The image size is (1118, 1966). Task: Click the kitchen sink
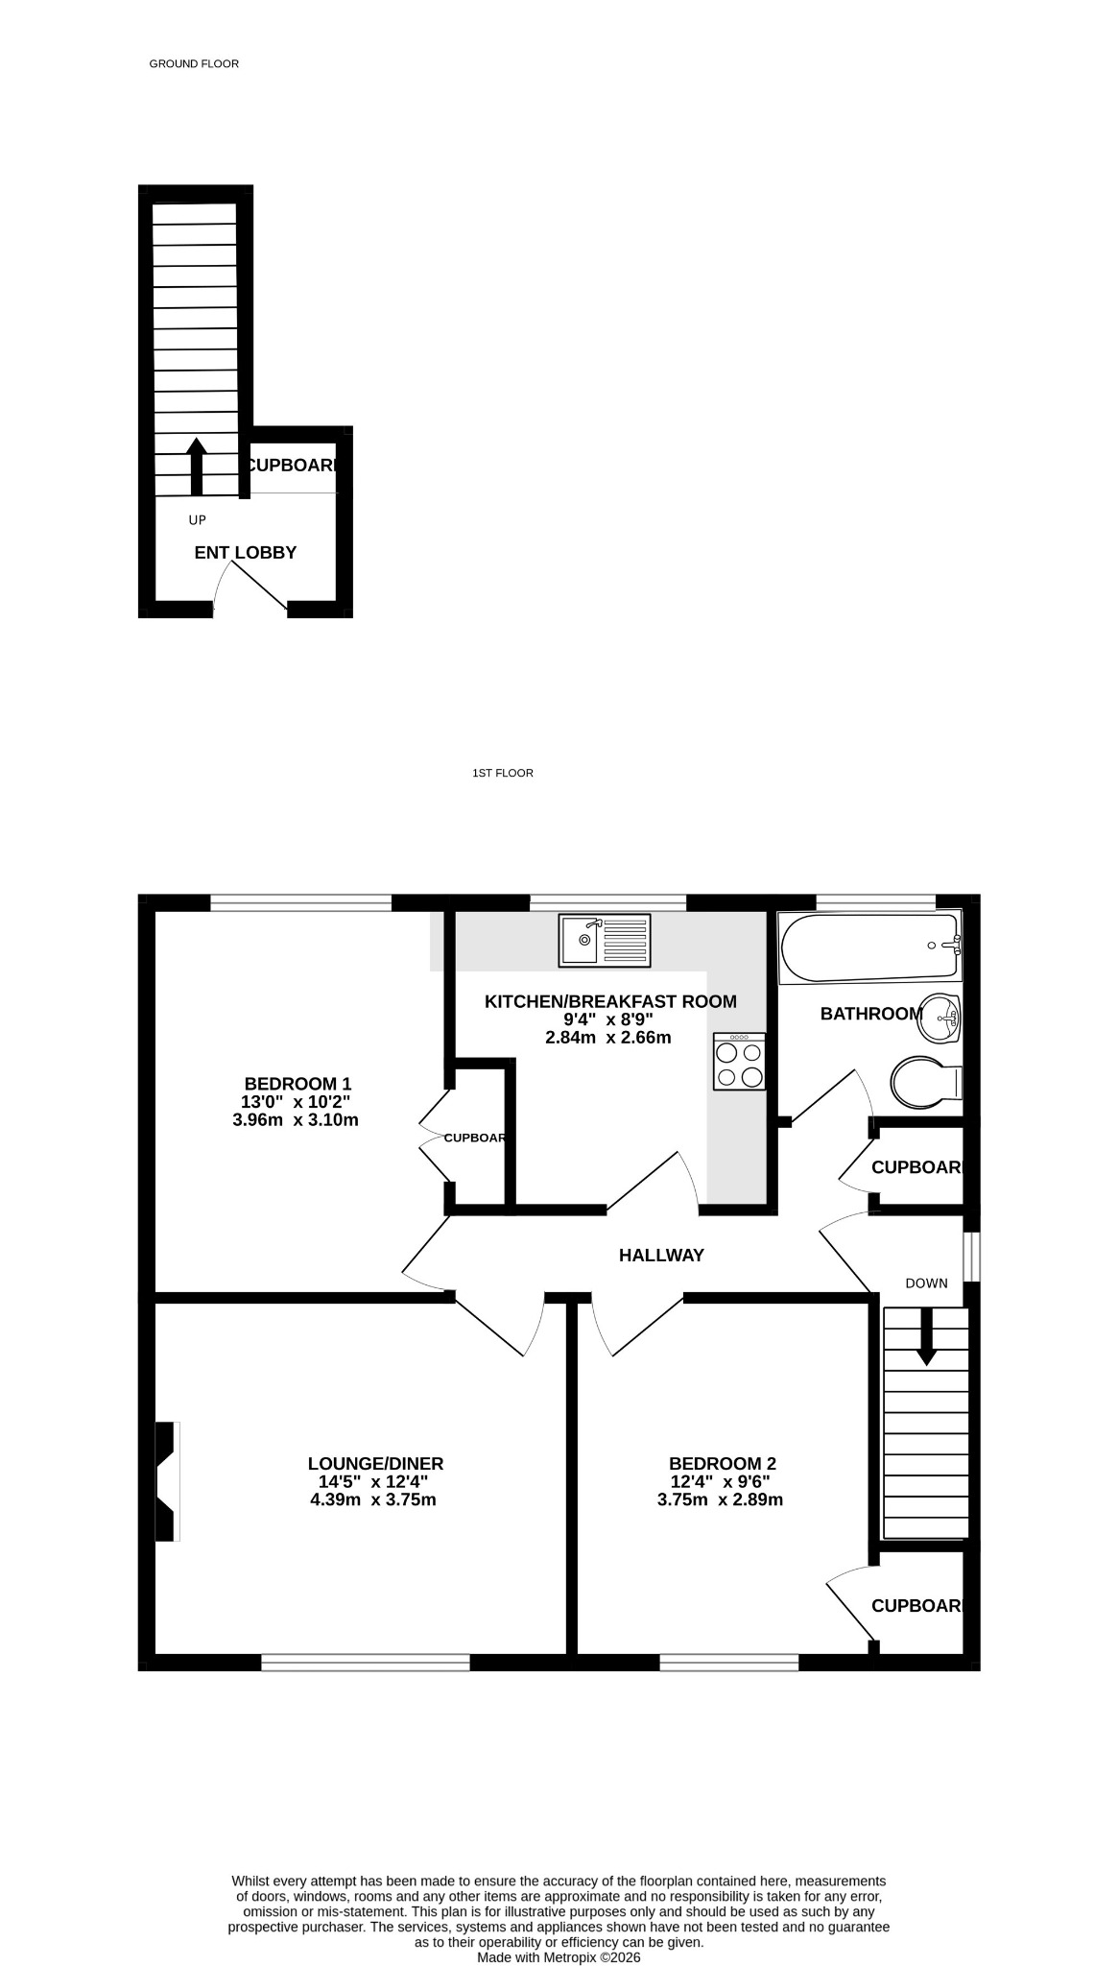point(605,940)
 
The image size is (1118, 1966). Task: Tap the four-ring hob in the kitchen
point(739,1062)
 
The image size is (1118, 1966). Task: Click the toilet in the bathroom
point(926,1082)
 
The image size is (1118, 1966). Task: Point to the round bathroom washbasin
point(940,1018)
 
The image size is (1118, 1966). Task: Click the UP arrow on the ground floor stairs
point(197,468)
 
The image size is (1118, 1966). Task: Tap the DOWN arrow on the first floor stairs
point(926,1336)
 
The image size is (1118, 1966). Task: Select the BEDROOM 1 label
point(290,1084)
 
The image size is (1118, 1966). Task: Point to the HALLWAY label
point(661,1255)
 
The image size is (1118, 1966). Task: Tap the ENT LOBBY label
point(246,552)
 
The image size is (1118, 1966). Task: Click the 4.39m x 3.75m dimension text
point(373,1499)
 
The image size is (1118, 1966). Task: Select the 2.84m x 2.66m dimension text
point(607,1038)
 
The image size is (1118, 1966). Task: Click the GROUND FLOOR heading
point(194,63)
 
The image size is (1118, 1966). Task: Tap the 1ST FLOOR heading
point(503,773)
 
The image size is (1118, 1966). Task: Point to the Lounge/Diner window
point(366,1663)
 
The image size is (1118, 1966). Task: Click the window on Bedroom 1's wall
point(300,902)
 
